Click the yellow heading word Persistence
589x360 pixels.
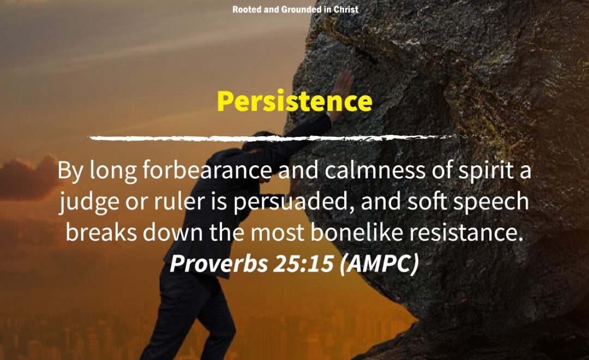tap(294, 101)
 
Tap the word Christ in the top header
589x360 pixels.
tap(346, 9)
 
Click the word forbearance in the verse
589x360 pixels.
tap(207, 170)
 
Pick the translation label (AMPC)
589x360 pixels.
tap(378, 264)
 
